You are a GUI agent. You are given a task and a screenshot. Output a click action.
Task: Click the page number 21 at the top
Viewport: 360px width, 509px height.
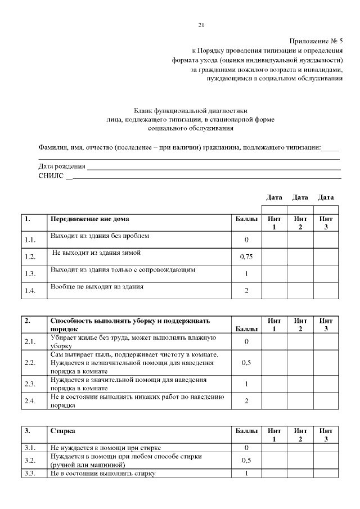tap(201, 25)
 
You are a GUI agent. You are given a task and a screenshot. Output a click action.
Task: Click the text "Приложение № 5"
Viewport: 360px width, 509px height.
tap(316, 42)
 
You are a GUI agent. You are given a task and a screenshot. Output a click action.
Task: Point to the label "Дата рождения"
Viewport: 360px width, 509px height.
tap(62, 166)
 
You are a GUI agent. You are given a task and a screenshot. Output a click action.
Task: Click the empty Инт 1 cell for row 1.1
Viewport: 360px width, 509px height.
tap(274, 240)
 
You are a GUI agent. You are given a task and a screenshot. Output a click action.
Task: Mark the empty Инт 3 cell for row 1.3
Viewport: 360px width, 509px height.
tap(326, 273)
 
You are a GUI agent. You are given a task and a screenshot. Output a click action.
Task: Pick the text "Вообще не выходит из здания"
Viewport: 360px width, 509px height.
tap(97, 287)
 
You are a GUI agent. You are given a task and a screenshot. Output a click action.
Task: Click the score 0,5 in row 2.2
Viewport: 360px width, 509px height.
tap(246, 363)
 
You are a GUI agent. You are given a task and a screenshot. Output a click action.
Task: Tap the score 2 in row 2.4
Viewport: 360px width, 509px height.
tap(246, 400)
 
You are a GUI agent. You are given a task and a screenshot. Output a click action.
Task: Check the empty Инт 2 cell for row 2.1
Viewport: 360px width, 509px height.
tap(300, 341)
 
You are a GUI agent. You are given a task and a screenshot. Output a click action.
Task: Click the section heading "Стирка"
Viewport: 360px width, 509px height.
tap(61, 431)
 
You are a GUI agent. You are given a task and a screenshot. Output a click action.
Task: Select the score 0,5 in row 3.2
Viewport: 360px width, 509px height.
tap(246, 461)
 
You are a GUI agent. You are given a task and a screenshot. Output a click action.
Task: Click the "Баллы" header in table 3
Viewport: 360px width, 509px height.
tap(246, 431)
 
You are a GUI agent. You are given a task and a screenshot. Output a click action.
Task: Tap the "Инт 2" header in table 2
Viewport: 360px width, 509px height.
tap(300, 325)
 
